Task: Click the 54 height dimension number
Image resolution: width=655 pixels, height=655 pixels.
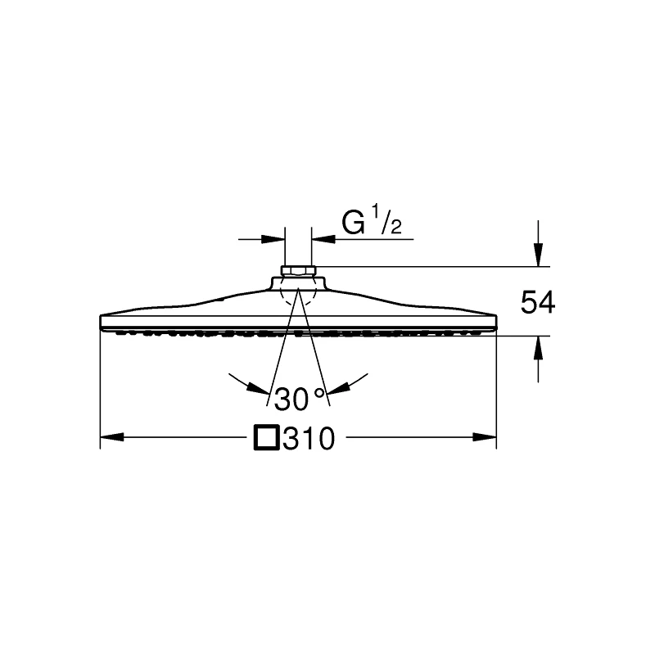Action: pyautogui.click(x=538, y=302)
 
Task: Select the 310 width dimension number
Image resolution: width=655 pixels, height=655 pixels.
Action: pyautogui.click(x=309, y=438)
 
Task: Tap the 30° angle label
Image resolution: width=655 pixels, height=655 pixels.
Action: pyautogui.click(x=300, y=399)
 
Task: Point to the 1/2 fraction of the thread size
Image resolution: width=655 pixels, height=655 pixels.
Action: pyautogui.click(x=386, y=221)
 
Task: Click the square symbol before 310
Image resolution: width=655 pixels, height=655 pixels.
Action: pyautogui.click(x=267, y=438)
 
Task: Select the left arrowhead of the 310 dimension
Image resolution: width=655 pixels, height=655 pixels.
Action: pyautogui.click(x=112, y=437)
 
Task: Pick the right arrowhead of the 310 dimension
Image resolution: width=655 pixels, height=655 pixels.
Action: pyautogui.click(x=485, y=437)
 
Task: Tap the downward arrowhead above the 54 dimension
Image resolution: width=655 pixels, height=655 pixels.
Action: pyautogui.click(x=539, y=254)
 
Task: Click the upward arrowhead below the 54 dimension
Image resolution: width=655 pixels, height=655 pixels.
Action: pyautogui.click(x=539, y=347)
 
